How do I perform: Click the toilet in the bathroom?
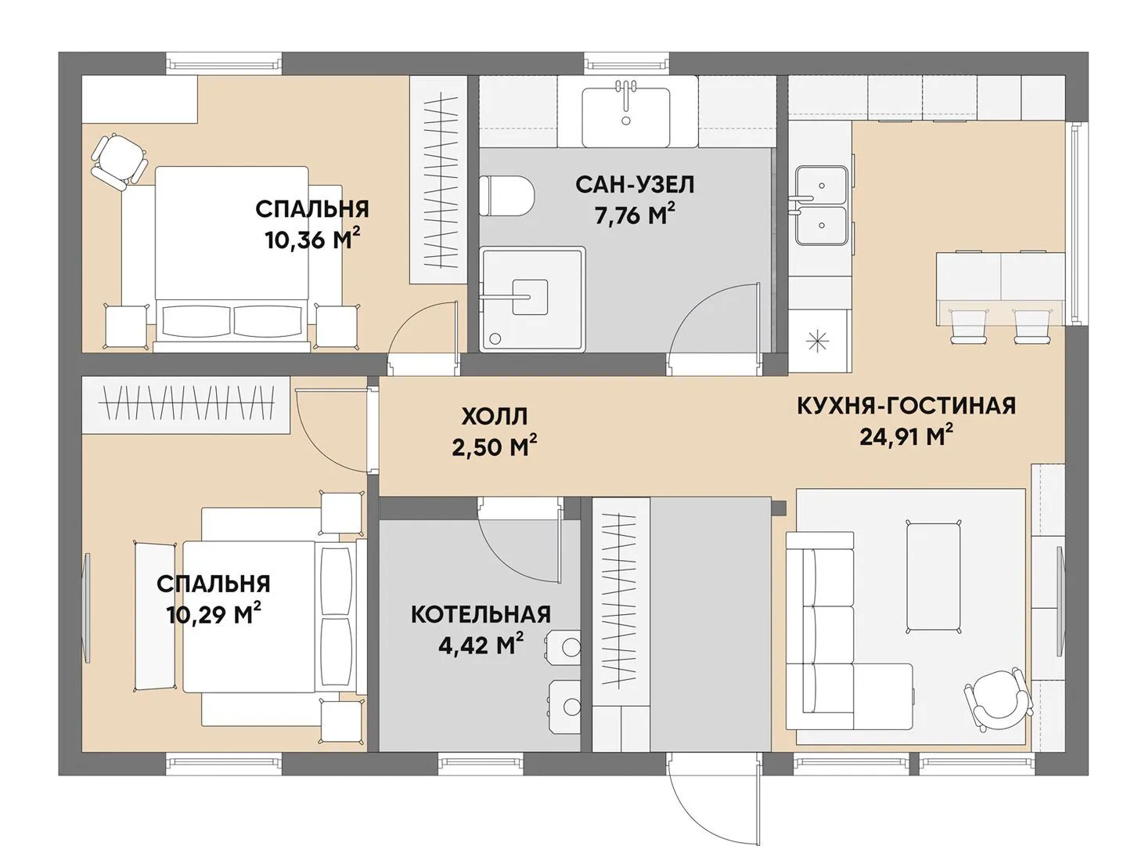point(506,196)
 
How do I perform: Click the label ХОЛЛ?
point(494,417)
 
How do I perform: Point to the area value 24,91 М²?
point(907,437)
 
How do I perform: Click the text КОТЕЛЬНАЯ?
point(481,614)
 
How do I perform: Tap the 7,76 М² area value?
point(634,215)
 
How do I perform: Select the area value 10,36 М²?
point(312,240)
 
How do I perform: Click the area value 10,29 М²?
point(214,614)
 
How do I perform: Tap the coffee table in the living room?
point(934,583)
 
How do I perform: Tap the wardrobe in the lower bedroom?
point(185,404)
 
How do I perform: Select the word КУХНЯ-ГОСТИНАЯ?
point(906,405)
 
